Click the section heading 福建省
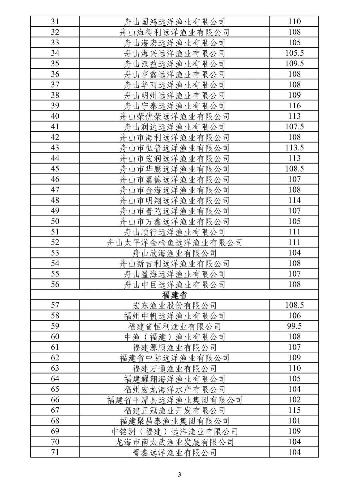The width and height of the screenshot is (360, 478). (x=174, y=295)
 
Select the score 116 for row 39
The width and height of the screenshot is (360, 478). (x=294, y=106)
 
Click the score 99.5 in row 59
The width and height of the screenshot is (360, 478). (x=294, y=326)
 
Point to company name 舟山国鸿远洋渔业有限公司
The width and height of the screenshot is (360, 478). (x=174, y=22)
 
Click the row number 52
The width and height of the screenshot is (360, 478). (x=55, y=242)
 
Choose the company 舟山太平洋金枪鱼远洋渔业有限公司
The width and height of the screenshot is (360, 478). (x=174, y=243)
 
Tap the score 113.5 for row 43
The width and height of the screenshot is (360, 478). (x=294, y=148)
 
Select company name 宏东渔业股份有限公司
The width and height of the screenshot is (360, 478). (x=174, y=305)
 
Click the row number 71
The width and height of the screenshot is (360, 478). (x=55, y=452)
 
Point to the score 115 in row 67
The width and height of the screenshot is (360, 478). (x=294, y=410)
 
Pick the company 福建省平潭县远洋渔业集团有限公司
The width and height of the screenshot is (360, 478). (x=174, y=400)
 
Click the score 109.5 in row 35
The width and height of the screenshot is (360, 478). (x=294, y=64)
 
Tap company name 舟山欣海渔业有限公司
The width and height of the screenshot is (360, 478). (x=174, y=253)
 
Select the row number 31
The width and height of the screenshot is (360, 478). (x=55, y=22)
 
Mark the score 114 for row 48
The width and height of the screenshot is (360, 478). (x=294, y=200)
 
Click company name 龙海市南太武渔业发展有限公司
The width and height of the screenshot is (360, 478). (x=174, y=442)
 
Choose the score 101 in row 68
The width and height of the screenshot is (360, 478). (x=294, y=421)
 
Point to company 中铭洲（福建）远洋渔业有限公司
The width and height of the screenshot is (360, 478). (x=174, y=432)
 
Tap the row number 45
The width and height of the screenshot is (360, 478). (x=55, y=169)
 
